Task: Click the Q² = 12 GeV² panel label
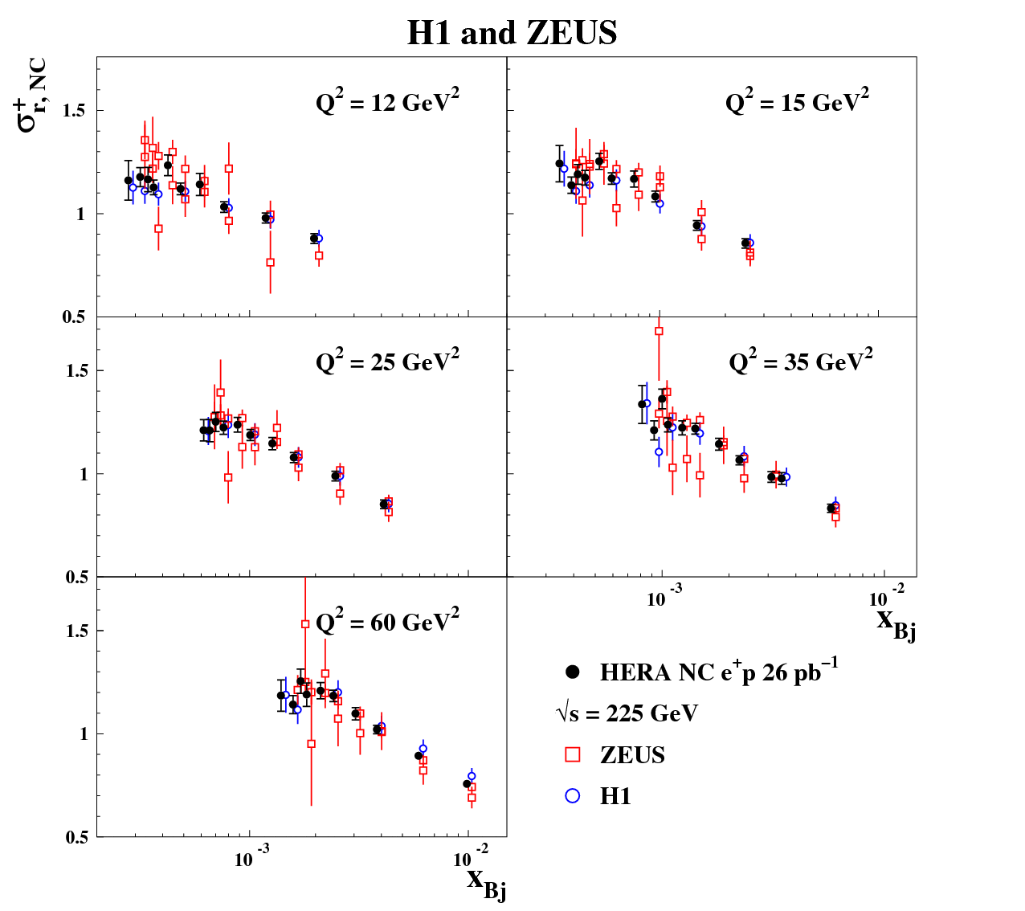pyautogui.click(x=387, y=102)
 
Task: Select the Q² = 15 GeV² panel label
pyautogui.click(x=797, y=102)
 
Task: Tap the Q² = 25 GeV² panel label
pyautogui.click(x=387, y=362)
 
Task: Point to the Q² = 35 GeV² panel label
pyautogui.click(x=800, y=362)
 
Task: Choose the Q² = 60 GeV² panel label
pyautogui.click(x=387, y=622)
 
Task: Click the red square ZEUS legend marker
pyautogui.click(x=573, y=755)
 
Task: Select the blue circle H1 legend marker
pyautogui.click(x=573, y=795)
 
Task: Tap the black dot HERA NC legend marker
pyautogui.click(x=573, y=672)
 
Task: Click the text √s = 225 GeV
pyautogui.click(x=627, y=713)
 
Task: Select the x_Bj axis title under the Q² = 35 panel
pyautogui.click(x=896, y=622)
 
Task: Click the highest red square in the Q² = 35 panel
pyautogui.click(x=659, y=331)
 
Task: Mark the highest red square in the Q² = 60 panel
pyautogui.click(x=305, y=624)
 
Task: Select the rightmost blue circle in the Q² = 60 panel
pyautogui.click(x=472, y=776)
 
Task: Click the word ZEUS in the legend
pyautogui.click(x=632, y=755)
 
